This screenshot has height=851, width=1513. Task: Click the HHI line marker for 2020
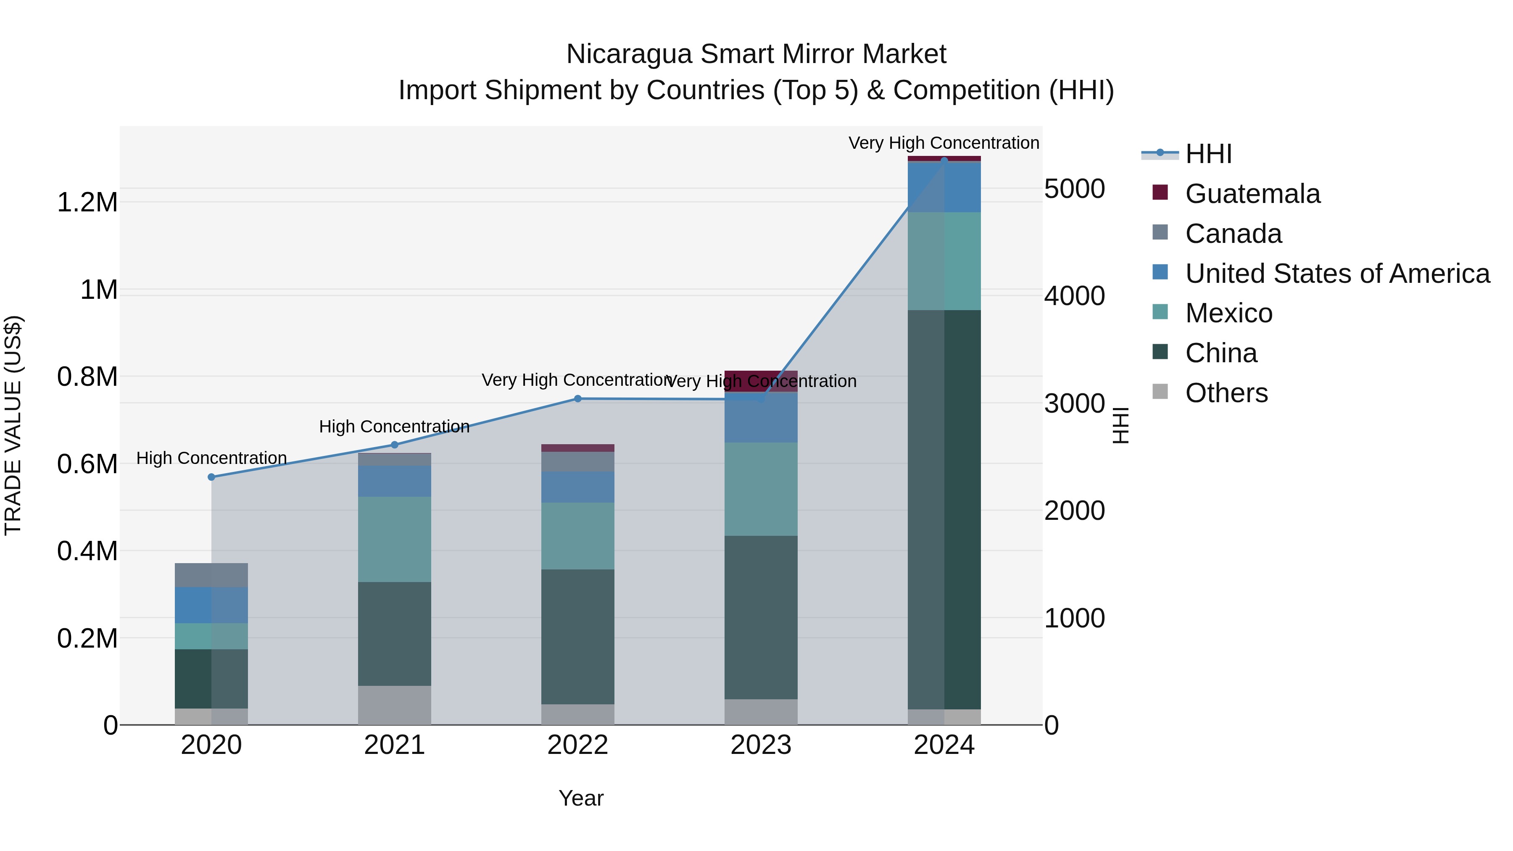[x=211, y=477]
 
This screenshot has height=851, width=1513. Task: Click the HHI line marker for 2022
[x=577, y=399]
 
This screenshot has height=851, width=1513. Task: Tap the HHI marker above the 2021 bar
[x=395, y=445]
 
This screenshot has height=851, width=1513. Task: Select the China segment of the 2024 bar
[x=944, y=509]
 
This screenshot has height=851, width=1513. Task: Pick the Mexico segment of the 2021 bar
[x=395, y=539]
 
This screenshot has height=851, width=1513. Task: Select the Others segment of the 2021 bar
[x=395, y=705]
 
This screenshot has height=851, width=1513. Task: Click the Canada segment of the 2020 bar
[x=211, y=575]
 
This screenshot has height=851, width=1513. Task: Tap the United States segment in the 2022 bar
[x=577, y=487]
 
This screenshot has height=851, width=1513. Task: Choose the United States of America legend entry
[x=1337, y=274]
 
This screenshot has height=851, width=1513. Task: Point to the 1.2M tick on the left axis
[x=87, y=203]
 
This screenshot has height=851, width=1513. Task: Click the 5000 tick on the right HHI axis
[x=1074, y=189]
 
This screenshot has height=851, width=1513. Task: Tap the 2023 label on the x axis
[x=761, y=745]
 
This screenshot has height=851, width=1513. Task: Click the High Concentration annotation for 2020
[x=211, y=458]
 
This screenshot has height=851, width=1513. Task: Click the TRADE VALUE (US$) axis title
[x=13, y=425]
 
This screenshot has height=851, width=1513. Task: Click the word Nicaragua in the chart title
[x=628, y=54]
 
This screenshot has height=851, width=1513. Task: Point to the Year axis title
[x=580, y=798]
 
